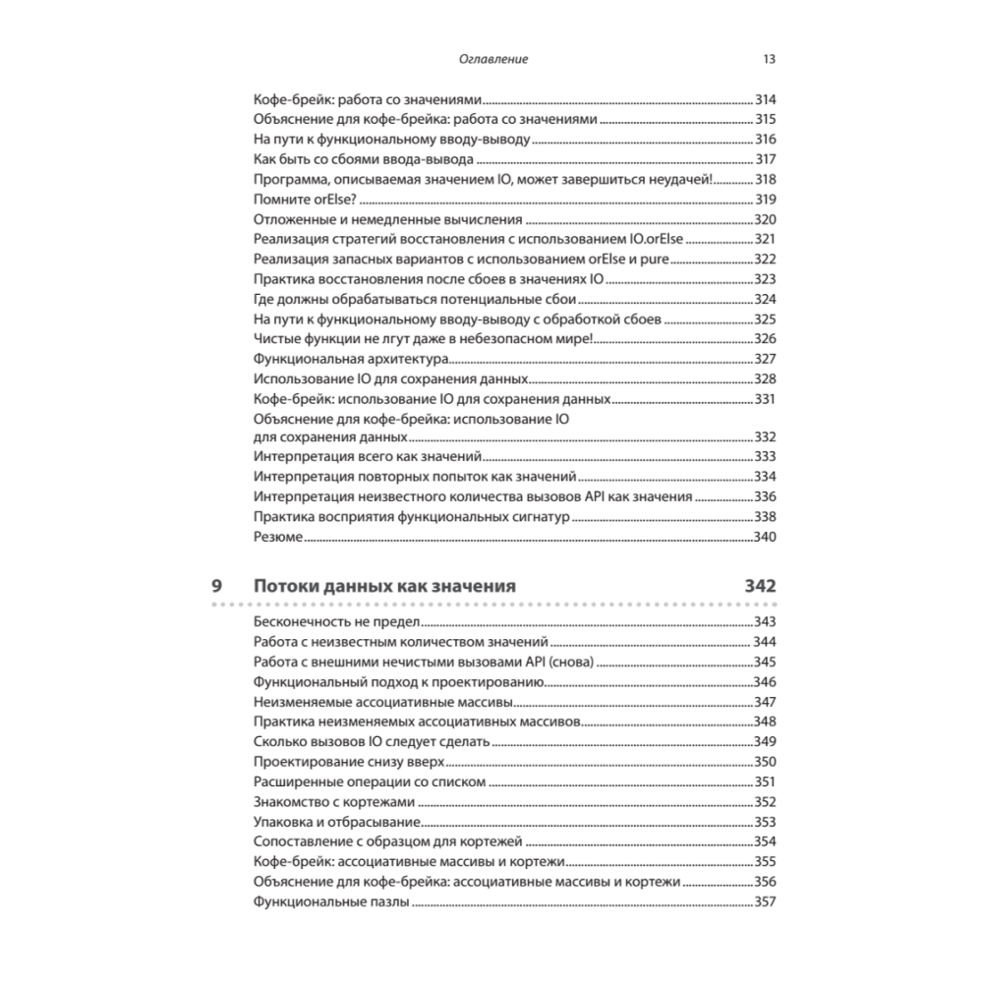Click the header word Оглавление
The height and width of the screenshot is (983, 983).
tap(493, 59)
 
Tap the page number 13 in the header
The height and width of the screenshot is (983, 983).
tap(770, 59)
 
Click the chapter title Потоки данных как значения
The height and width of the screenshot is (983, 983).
tap(384, 586)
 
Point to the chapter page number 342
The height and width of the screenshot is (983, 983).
tap(759, 586)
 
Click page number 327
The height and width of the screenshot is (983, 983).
tap(765, 358)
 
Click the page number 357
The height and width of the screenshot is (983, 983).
tap(765, 903)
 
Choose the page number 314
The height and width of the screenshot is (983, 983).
tap(765, 100)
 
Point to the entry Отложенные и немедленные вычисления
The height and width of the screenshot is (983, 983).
tap(387, 219)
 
